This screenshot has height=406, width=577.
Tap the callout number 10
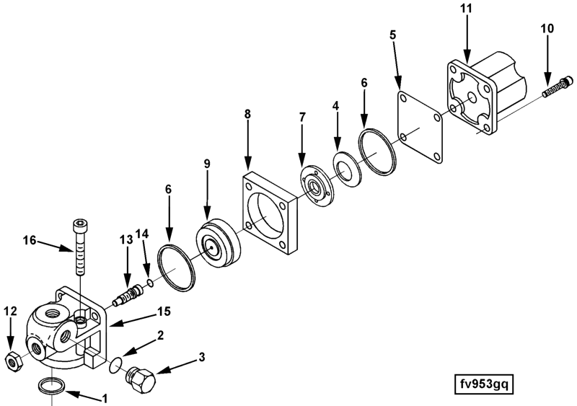point(546,29)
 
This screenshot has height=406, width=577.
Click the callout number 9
point(206,164)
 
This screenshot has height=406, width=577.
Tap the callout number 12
point(9,312)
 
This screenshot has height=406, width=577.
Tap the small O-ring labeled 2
point(116,366)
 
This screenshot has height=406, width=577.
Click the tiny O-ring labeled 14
point(149,281)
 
